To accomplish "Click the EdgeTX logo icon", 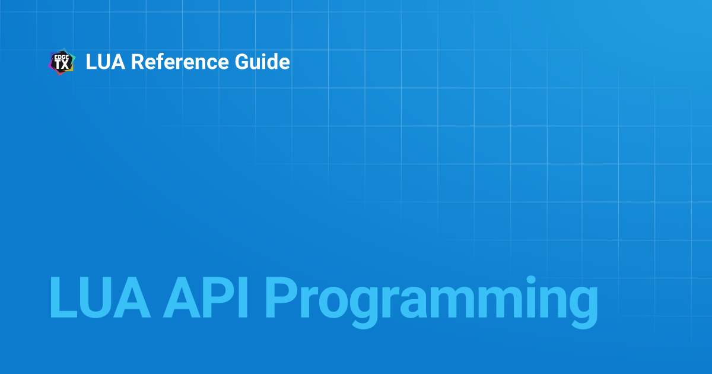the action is click(62, 62).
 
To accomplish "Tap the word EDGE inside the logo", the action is click(62, 57).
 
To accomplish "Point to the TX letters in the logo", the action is click(62, 65).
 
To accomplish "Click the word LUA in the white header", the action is click(106, 62).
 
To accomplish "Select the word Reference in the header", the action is click(180, 62).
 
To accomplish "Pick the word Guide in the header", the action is click(262, 61).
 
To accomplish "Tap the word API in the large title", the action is click(205, 297).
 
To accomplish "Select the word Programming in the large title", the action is click(432, 302).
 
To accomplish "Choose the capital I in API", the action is click(243, 297).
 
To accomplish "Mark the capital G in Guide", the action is click(242, 62).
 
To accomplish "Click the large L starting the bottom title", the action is click(63, 297).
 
